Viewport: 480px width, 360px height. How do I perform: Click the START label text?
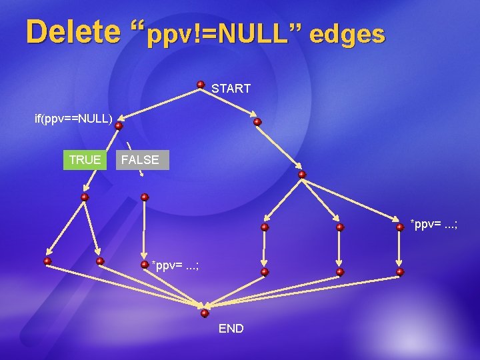click(231, 88)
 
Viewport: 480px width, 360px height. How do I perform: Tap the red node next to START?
click(201, 85)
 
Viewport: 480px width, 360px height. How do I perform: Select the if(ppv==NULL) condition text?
click(73, 119)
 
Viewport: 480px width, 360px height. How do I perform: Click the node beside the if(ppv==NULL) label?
click(119, 125)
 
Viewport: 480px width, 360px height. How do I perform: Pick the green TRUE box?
click(85, 160)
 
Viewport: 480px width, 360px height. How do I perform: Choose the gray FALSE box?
click(140, 160)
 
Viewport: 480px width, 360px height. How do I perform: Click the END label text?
click(231, 329)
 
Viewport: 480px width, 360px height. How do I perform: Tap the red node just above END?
click(205, 313)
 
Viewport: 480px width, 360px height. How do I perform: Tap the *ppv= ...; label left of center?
click(175, 266)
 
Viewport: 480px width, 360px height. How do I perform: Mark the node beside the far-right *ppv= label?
click(400, 227)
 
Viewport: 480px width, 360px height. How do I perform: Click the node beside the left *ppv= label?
click(145, 264)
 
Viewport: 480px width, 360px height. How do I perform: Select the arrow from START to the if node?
click(160, 105)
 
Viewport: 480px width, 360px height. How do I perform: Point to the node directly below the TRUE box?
click(85, 197)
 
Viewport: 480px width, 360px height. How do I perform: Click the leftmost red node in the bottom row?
click(48, 261)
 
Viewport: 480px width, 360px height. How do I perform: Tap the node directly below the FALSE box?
click(145, 197)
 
